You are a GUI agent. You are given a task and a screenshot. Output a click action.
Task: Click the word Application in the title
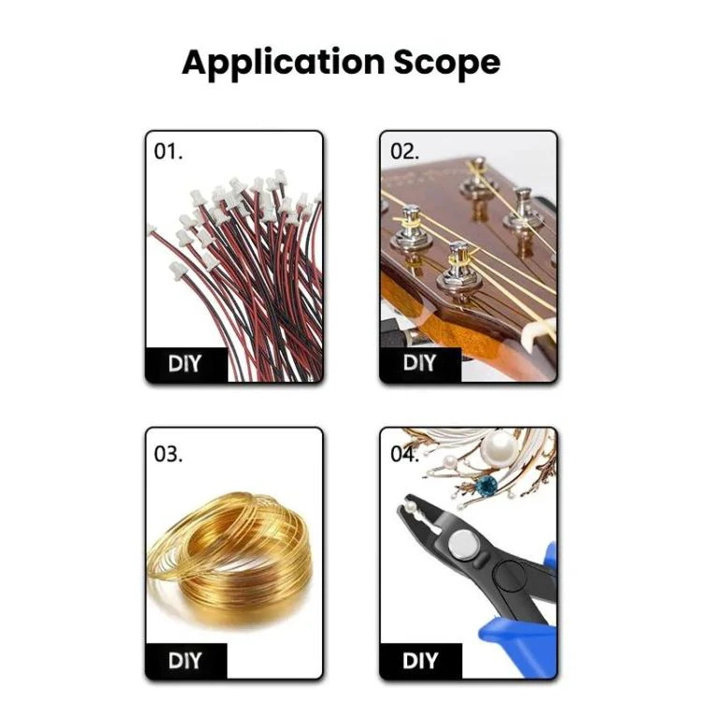(283, 63)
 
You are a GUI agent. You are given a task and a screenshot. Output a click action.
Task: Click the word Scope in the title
(446, 62)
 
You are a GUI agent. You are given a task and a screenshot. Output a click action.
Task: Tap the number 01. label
(168, 152)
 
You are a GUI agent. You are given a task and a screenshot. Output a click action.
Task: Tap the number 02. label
(404, 152)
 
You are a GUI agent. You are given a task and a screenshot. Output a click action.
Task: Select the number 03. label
(168, 454)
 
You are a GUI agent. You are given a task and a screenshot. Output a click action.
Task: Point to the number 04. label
(404, 454)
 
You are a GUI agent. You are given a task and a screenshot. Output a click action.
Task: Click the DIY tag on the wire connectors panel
(185, 363)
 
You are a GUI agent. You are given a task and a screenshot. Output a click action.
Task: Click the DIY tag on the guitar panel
(419, 362)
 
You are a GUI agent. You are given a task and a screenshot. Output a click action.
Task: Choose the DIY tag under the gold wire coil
(185, 661)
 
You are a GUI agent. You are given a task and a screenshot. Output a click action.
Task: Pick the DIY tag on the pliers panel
(420, 661)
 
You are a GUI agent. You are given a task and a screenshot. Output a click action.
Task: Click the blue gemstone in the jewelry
(486, 487)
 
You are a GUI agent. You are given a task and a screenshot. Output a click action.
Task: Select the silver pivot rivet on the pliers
(463, 545)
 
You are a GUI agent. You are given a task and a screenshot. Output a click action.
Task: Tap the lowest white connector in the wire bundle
(178, 271)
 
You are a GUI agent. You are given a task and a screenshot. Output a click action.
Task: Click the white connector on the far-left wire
(152, 229)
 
